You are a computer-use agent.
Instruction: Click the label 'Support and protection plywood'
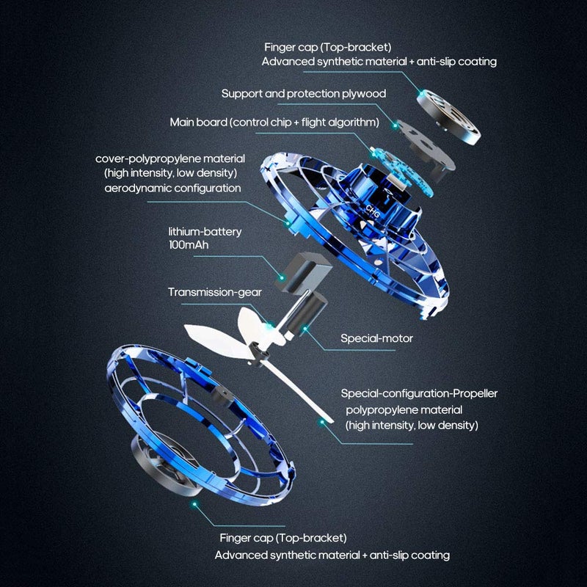[x=303, y=94]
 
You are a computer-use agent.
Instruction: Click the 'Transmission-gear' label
[x=214, y=291]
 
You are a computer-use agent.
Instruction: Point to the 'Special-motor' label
[x=376, y=338]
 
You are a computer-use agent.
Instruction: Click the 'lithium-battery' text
[x=204, y=231]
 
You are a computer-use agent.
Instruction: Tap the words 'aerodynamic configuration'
[x=172, y=188]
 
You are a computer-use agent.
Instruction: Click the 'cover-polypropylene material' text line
[x=170, y=158]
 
